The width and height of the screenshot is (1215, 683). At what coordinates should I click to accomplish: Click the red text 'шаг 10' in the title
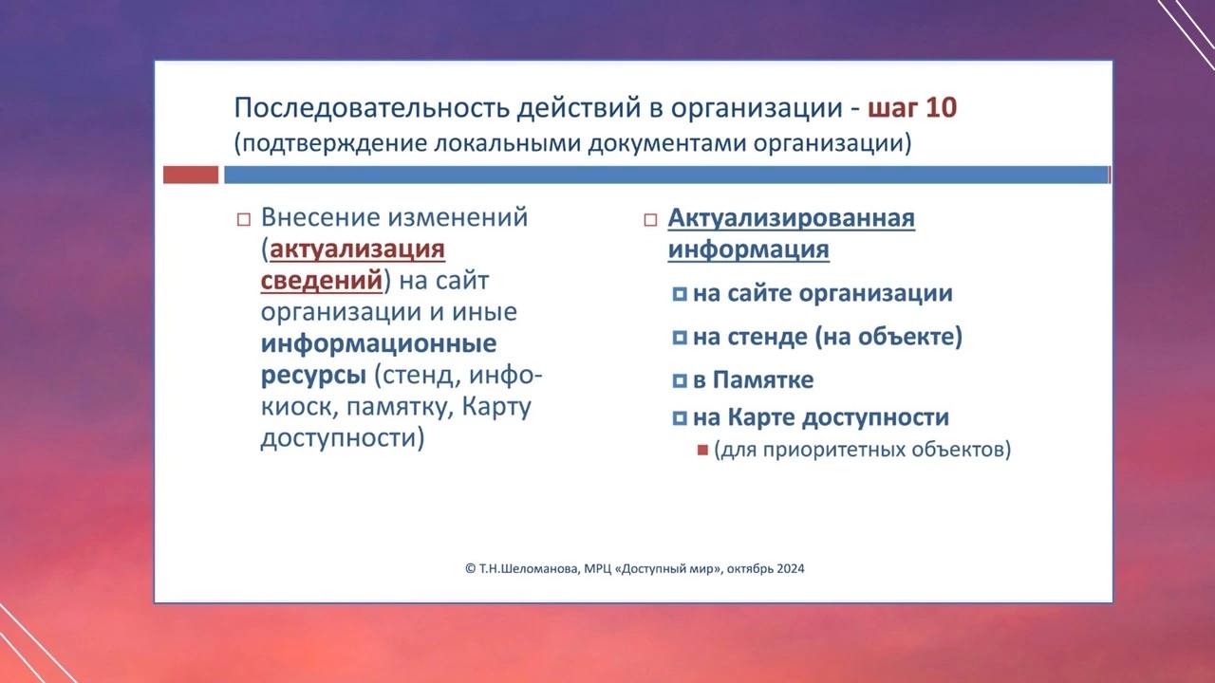pos(912,107)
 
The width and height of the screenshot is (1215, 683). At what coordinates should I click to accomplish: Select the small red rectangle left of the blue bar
pos(191,175)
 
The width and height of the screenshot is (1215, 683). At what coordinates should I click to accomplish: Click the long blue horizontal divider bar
pos(666,175)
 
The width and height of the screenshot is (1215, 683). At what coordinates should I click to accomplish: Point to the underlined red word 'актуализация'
pos(357,249)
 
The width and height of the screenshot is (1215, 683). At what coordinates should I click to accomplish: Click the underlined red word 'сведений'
pos(322,280)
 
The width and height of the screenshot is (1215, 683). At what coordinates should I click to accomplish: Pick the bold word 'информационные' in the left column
pos(379,343)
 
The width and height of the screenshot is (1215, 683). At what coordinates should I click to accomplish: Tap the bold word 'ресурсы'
pos(313,376)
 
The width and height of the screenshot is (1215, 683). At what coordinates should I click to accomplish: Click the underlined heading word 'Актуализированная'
pos(792,218)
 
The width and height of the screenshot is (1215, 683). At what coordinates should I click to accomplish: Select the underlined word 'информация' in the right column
pos(749,249)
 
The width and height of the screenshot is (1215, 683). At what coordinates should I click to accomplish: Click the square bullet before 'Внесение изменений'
pos(244,219)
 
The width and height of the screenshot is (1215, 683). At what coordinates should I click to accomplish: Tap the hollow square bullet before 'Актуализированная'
pos(650,220)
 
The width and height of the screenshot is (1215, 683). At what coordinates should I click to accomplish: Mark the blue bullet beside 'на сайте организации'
pos(680,294)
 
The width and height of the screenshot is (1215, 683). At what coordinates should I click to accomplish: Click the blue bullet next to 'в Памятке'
pos(680,380)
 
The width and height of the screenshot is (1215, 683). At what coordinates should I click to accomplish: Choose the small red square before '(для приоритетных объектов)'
pos(703,450)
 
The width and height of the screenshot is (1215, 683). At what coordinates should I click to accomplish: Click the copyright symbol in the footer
pos(470,568)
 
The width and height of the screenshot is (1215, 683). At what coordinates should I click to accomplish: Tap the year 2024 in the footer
pos(791,568)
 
